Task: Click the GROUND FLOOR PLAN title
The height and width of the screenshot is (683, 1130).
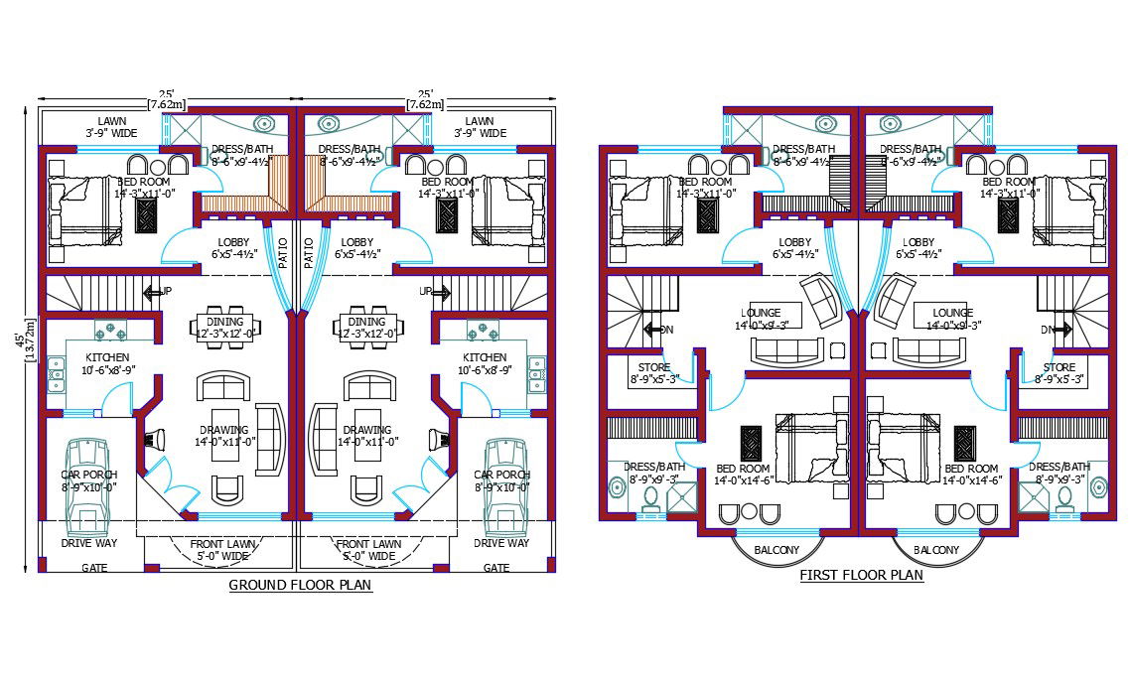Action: point(300,585)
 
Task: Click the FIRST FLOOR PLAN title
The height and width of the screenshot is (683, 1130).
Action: point(861,575)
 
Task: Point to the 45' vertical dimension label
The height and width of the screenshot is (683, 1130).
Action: point(22,338)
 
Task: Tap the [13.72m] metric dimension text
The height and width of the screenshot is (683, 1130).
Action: point(33,338)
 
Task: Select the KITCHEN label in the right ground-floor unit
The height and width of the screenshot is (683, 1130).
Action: point(485,357)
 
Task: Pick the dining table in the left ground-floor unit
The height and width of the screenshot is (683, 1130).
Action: point(227,325)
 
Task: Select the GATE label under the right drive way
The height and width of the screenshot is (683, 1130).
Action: point(496,568)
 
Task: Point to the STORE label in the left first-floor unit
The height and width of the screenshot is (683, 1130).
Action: point(653,367)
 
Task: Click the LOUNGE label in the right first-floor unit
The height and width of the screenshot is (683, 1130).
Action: point(952,313)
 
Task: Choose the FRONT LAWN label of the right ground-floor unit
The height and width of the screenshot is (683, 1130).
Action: point(368,544)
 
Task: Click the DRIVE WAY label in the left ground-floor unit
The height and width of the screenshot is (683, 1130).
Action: point(88,543)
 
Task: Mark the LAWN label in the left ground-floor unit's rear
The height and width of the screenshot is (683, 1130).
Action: point(112,120)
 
